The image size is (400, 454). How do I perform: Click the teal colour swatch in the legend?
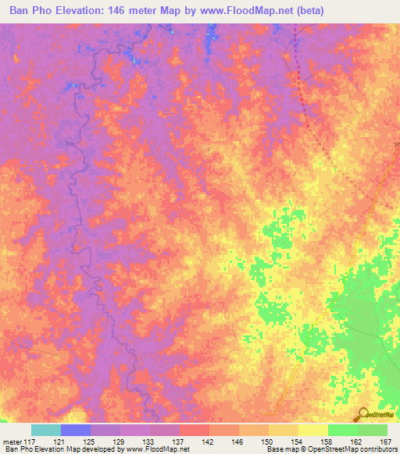pyautogui.click(x=46, y=430)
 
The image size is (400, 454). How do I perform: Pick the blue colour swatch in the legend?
pyautogui.click(x=76, y=430)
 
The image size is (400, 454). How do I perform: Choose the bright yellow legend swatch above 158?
pyautogui.click(x=313, y=430)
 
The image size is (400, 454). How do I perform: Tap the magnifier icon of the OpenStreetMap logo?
pyautogui.click(x=364, y=413)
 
